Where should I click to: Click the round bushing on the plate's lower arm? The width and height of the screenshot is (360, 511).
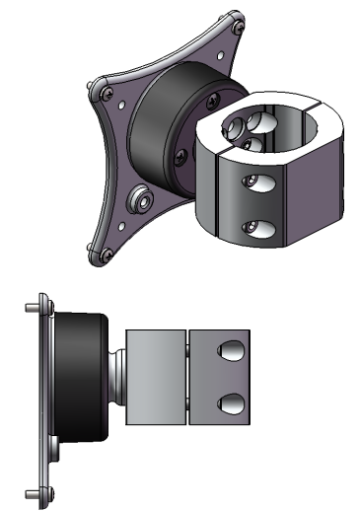pos(138,200)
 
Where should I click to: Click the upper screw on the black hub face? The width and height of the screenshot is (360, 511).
pos(211,98)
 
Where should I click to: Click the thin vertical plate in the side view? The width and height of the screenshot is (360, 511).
pos(43,395)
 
